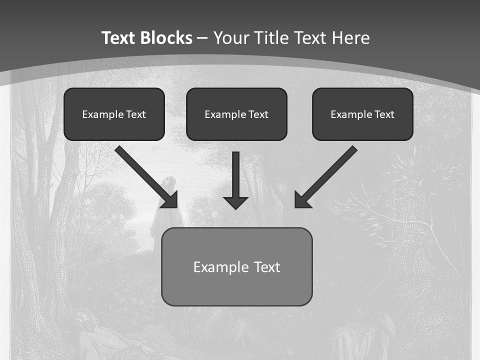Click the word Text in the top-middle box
[x=258, y=114]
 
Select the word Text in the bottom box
[x=267, y=267]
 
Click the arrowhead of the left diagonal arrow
[x=170, y=200]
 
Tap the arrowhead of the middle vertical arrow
[x=235, y=202]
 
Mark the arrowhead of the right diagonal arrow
[x=301, y=200]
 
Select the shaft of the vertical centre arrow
[x=235, y=173]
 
